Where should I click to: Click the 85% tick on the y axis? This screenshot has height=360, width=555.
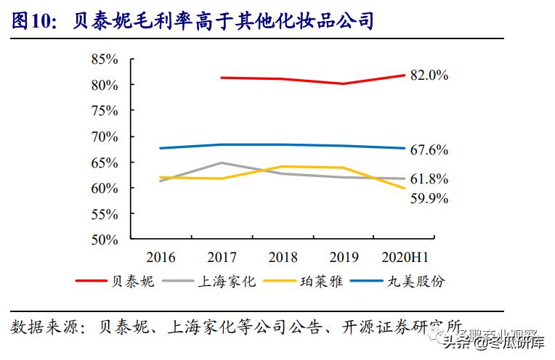coord(104,60)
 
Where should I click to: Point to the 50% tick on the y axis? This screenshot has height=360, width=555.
coord(104,240)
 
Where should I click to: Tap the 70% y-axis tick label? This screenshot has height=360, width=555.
coord(104,136)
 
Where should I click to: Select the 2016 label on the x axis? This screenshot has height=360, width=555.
coord(161,258)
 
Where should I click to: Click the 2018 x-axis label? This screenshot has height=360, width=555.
coord(283,258)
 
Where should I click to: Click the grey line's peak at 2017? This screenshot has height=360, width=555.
coord(222,163)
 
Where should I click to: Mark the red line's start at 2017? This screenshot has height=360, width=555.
coord(222,77)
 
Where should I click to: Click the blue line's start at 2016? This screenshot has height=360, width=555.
coord(161,148)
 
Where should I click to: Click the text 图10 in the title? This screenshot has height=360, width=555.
coord(33,20)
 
